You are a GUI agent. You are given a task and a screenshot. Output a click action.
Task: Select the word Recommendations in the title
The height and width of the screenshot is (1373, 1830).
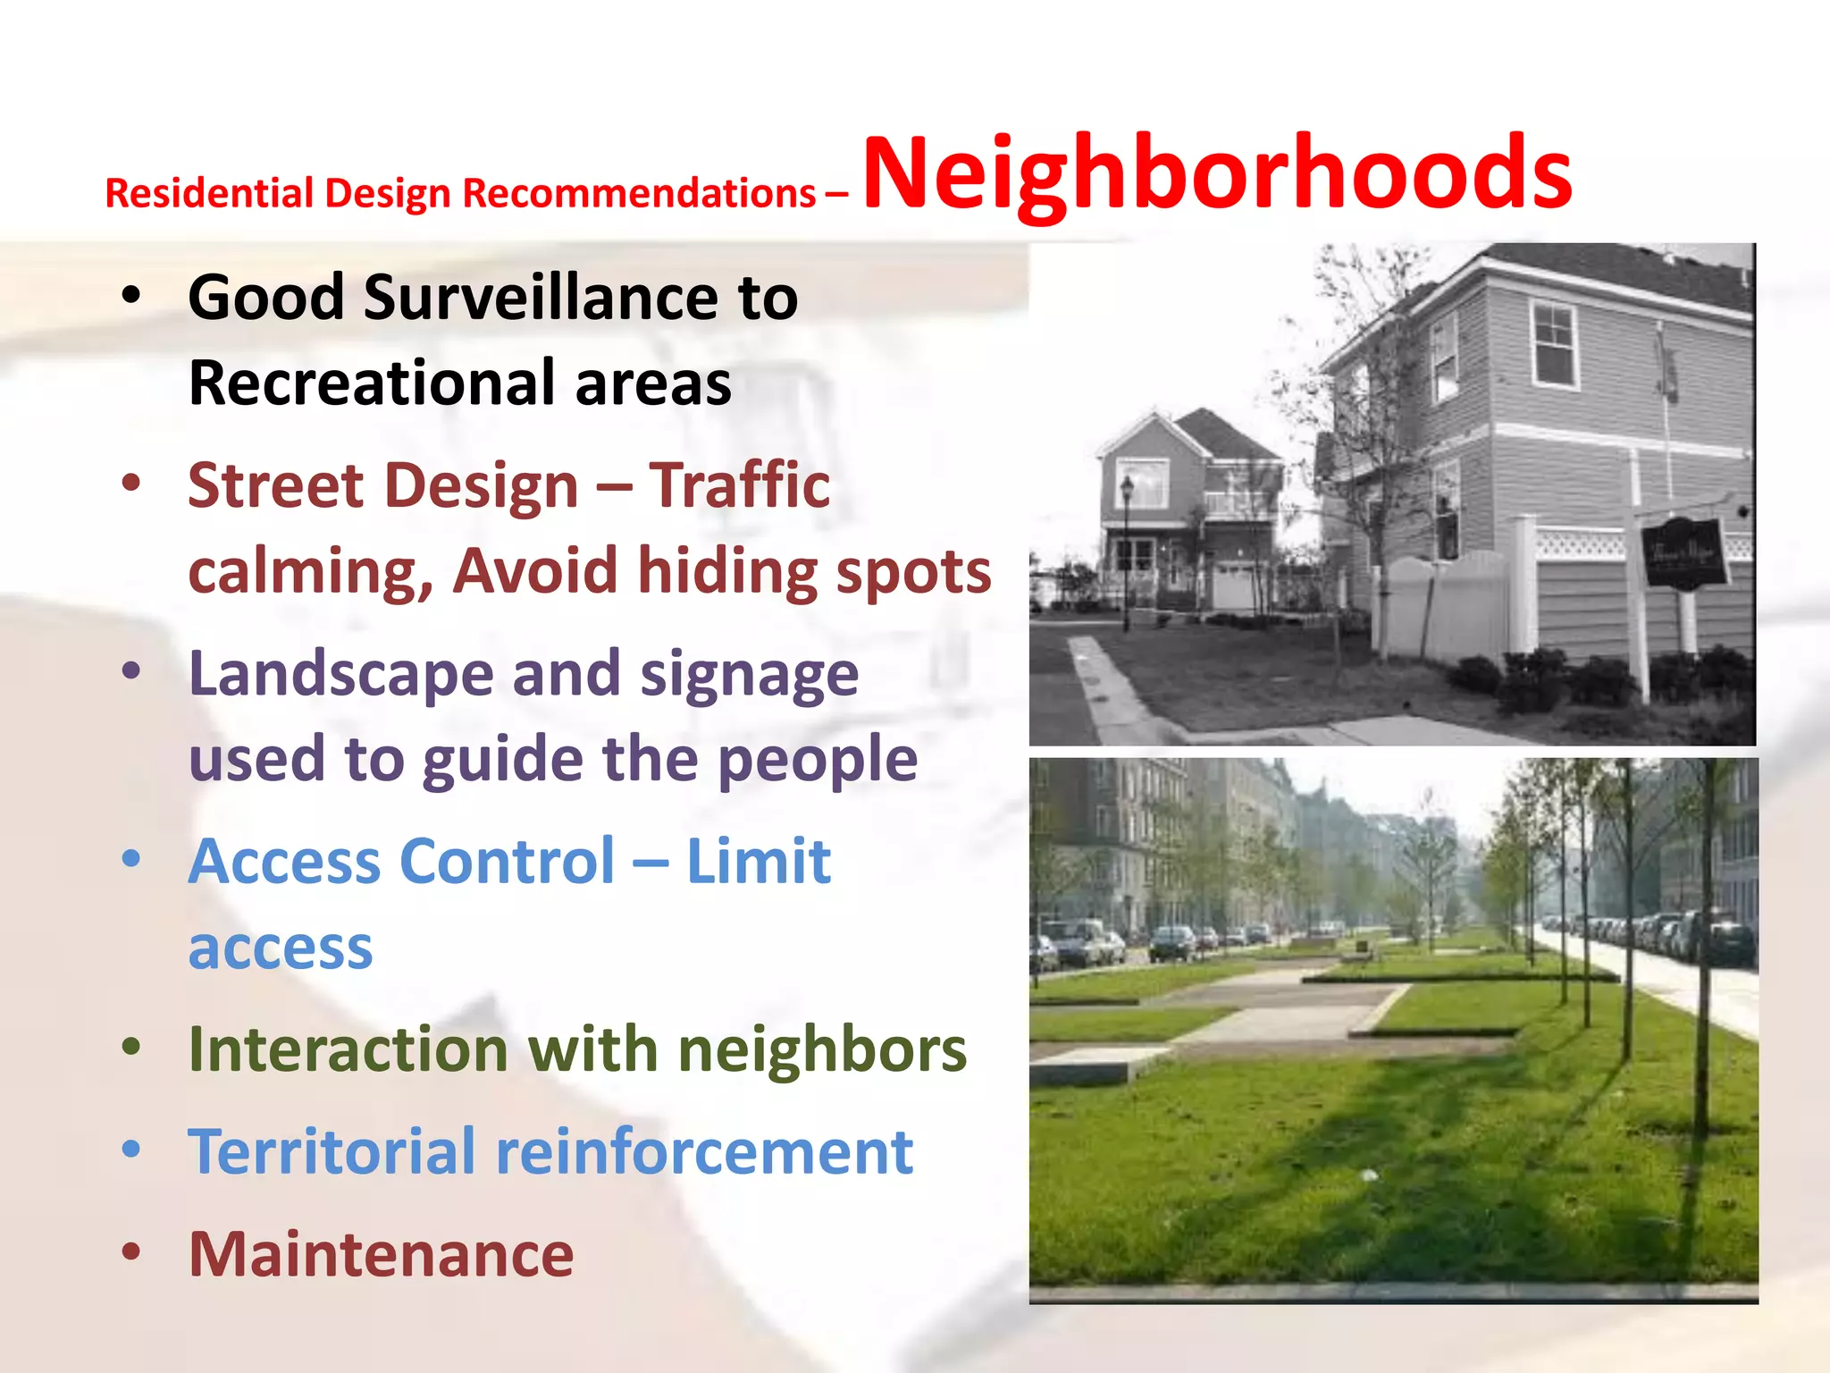[x=639, y=194]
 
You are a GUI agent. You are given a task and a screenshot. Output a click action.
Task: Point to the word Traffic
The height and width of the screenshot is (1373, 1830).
[x=739, y=485]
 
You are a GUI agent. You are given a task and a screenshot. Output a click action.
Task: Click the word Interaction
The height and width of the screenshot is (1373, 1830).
[x=348, y=1049]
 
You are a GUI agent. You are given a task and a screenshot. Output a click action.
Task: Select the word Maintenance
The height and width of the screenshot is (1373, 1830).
[x=382, y=1254]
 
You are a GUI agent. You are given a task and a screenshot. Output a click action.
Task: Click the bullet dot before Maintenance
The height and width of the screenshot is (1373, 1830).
[x=131, y=1251]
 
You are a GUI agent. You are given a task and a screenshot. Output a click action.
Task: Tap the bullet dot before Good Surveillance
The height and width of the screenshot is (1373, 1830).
[x=131, y=296]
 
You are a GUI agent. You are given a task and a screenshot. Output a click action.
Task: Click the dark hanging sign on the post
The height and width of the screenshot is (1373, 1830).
[x=1683, y=553]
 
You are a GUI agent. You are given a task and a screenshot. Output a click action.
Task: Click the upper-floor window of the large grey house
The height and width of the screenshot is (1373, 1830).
[x=1554, y=344]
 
